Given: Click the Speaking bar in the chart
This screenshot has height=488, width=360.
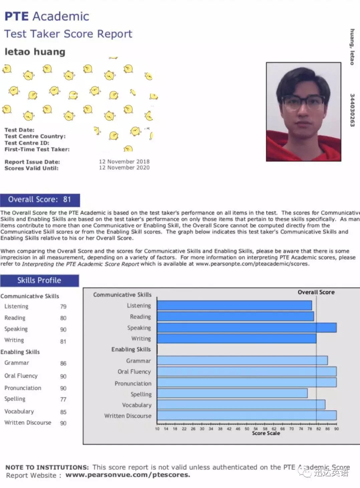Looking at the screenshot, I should (x=246, y=328).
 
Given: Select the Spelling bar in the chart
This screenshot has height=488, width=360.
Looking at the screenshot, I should (x=232, y=393).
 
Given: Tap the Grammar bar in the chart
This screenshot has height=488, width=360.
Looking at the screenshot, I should (x=242, y=360).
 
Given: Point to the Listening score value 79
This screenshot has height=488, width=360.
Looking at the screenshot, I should (x=63, y=307).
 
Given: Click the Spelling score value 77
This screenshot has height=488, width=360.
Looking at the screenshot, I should (x=63, y=399).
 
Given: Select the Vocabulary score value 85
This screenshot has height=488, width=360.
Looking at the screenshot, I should (x=63, y=412).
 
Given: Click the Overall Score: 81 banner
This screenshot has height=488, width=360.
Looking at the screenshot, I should (x=40, y=200).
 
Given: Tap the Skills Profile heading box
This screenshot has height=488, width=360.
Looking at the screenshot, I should (x=39, y=280).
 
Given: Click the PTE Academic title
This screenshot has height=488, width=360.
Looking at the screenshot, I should (x=47, y=16).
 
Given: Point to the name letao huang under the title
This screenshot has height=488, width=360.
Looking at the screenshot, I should (x=35, y=52).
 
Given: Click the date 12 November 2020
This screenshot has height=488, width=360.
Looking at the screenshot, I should (x=124, y=168).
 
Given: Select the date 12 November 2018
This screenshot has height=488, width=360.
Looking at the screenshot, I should (x=124, y=161).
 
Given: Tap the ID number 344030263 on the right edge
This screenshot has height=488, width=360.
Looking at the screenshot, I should (x=352, y=110).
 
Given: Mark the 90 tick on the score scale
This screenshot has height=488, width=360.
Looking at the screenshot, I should (x=336, y=429).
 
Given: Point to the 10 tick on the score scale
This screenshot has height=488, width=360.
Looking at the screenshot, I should (x=157, y=429).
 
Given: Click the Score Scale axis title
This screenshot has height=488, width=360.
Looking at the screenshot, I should (x=266, y=433).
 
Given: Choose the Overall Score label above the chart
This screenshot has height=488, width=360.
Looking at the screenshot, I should (x=316, y=292).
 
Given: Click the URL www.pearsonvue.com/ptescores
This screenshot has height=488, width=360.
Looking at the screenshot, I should (x=128, y=475).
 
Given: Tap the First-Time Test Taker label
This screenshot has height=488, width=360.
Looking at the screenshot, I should (x=37, y=149).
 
